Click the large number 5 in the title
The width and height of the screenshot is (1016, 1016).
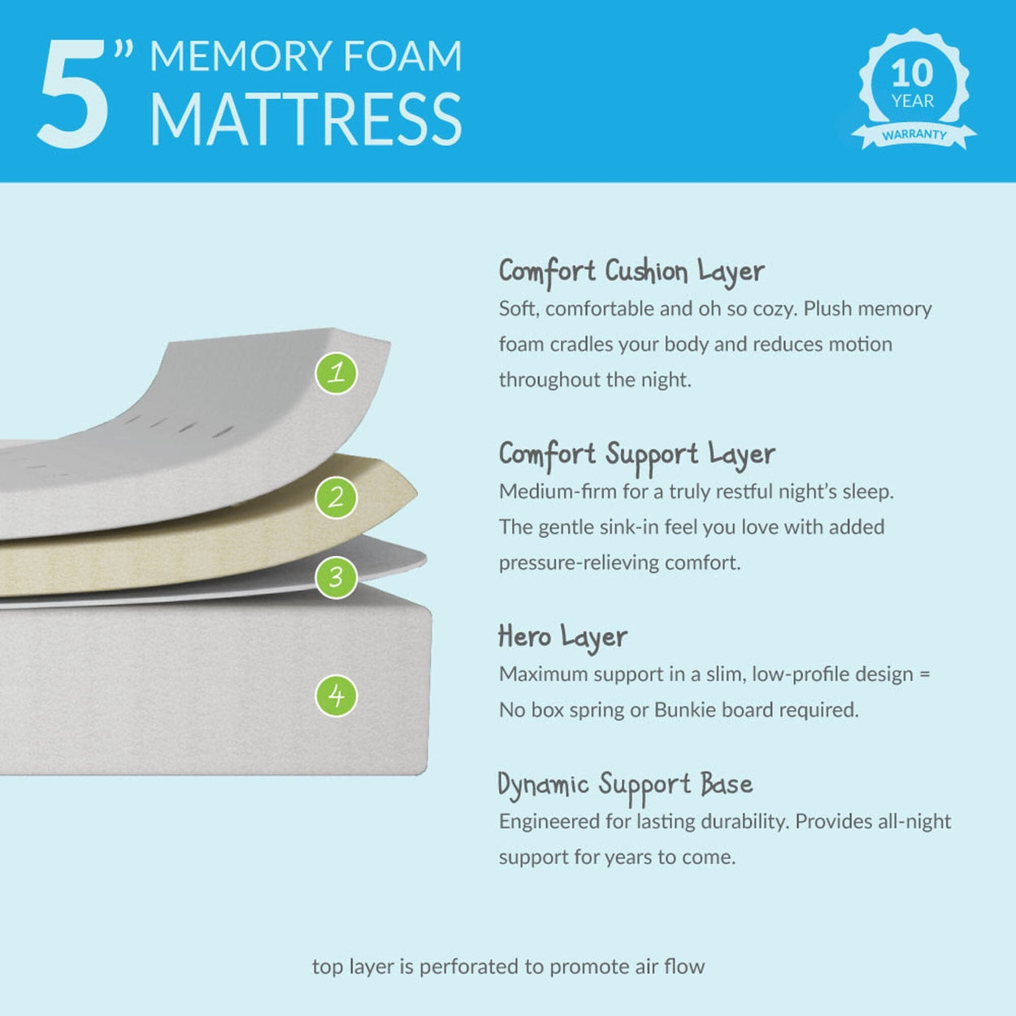[73, 95]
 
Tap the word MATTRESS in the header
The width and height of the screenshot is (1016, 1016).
[306, 119]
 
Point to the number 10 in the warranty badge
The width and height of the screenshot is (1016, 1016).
[912, 74]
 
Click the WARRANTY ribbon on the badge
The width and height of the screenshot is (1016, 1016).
[914, 135]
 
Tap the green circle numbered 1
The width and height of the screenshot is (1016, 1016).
[336, 373]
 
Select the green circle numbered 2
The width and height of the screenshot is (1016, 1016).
[336, 497]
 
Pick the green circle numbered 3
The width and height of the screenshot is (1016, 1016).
[336, 576]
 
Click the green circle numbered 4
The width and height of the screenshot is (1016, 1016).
[336, 696]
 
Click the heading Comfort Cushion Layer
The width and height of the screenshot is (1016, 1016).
[632, 271]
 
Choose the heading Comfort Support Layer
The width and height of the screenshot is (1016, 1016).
[636, 454]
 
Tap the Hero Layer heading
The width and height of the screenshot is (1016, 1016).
[562, 636]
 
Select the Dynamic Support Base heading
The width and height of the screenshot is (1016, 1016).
[625, 785]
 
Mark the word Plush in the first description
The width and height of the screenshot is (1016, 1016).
[830, 309]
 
